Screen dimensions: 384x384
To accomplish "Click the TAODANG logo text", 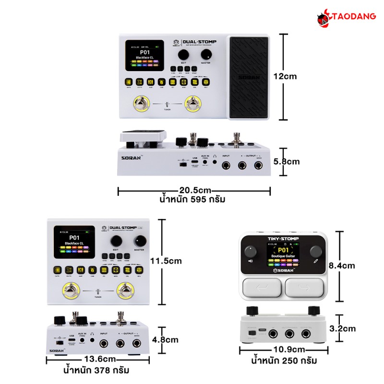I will tap(353, 16).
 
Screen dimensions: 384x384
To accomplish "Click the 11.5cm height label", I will tap(166, 261).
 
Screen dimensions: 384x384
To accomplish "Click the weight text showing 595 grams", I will tap(193, 199).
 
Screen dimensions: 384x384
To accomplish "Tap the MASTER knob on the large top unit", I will tap(206, 54).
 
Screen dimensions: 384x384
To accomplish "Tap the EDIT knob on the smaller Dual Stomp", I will tap(116, 240).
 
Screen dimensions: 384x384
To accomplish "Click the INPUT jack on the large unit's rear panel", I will tap(226, 166).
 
